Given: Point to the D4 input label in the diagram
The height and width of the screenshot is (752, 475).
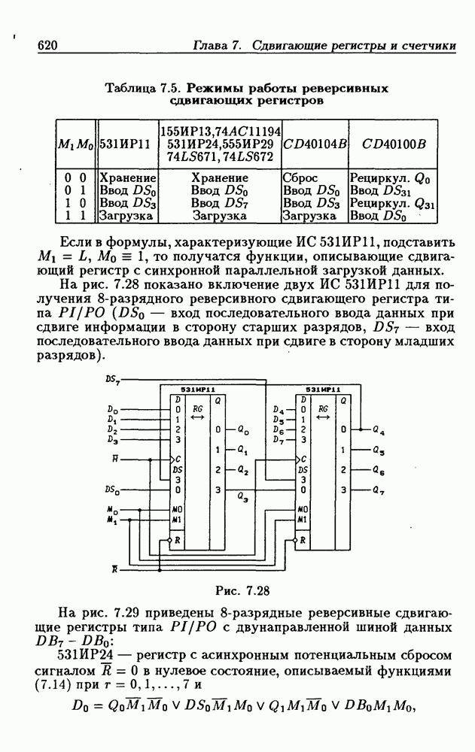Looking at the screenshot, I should pos(277,411).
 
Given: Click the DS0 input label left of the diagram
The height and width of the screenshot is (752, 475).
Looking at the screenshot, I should pos(112,490).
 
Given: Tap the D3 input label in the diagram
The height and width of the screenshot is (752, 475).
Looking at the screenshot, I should pos(112,439).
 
